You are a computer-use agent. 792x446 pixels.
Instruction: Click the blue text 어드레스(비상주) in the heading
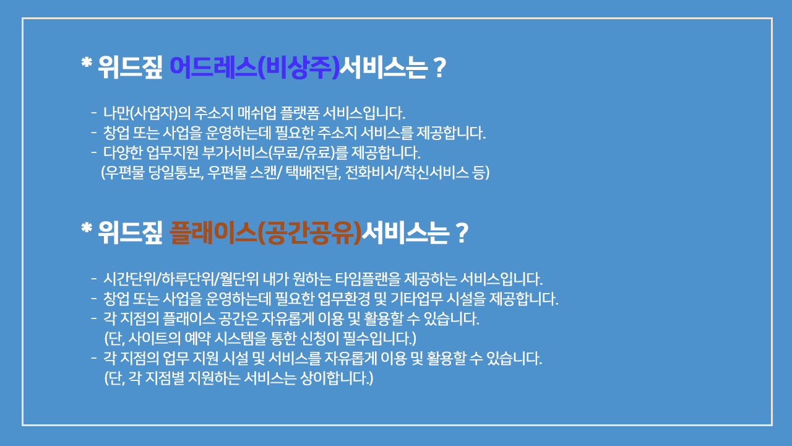click(x=254, y=67)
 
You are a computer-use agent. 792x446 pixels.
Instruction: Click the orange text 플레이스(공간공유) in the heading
click(x=266, y=232)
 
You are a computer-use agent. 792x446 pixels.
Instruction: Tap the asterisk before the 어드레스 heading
click(x=87, y=63)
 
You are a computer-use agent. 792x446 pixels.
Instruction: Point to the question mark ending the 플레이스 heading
click(x=461, y=234)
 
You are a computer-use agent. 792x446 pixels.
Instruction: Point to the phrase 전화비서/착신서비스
click(x=407, y=173)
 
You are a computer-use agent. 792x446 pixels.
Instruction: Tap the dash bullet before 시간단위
click(x=93, y=279)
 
